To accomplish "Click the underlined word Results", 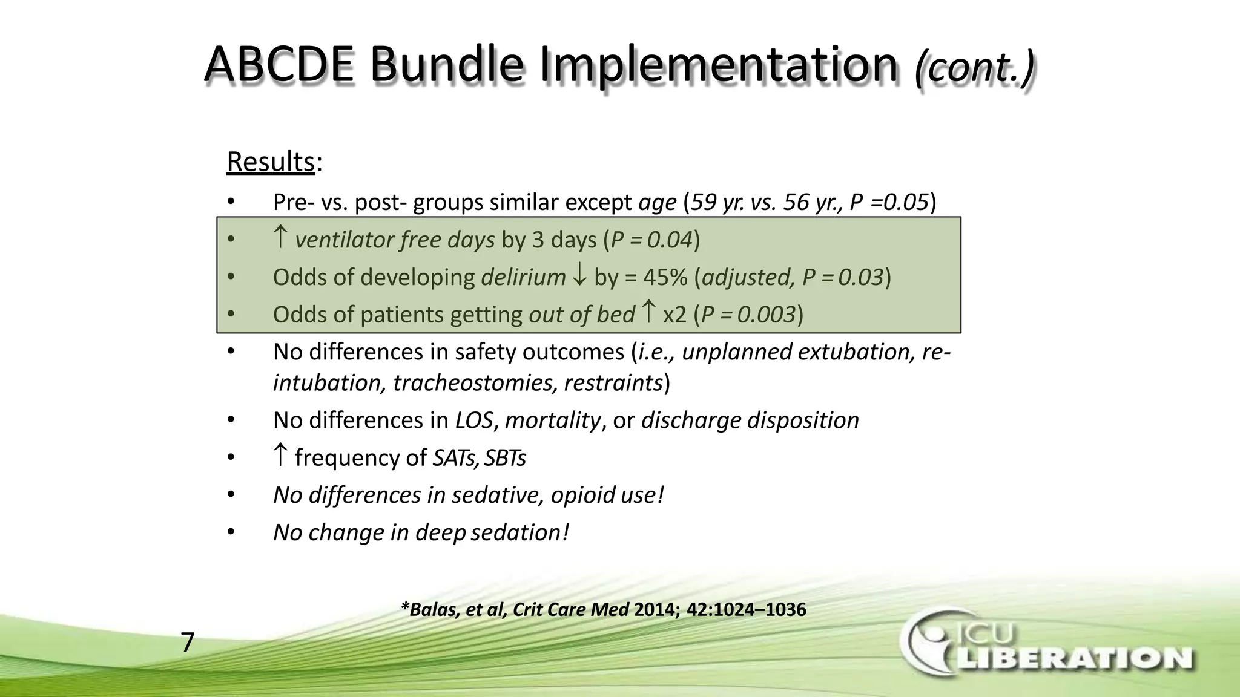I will point(270,162).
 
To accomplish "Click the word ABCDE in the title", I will point(279,65).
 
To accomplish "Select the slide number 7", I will point(188,643).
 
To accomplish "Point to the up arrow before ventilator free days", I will point(280,238).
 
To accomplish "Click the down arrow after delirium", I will point(579,276).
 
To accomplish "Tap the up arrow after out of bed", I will point(648,312).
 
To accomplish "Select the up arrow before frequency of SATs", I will point(280,455).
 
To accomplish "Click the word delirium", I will point(523,277).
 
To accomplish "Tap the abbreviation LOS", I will point(473,420).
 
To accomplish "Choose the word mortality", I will point(553,420).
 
